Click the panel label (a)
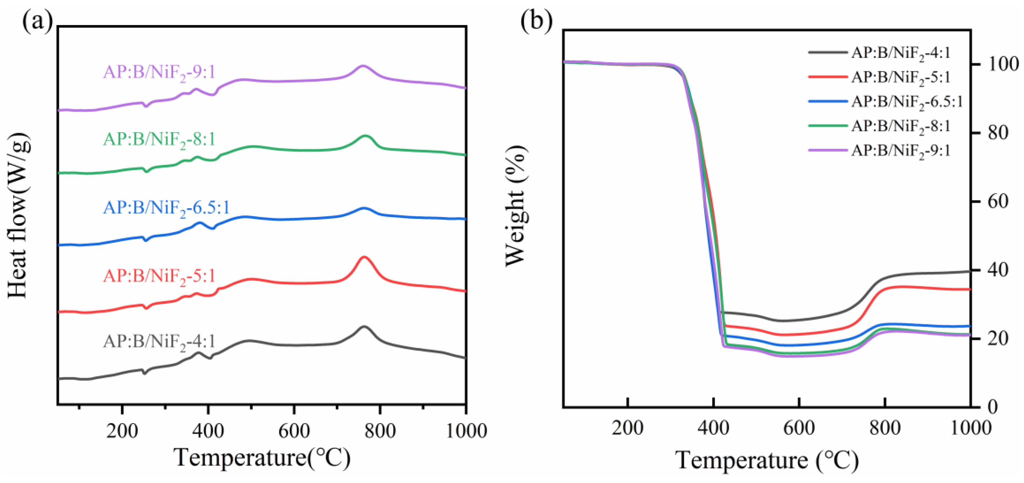(37, 22)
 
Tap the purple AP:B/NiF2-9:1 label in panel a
(159, 73)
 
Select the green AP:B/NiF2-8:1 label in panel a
(159, 140)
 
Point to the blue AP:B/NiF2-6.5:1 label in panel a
(166, 208)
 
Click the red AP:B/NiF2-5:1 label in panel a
(159, 276)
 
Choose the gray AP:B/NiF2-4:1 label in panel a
(159, 342)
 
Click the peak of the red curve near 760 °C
(363, 257)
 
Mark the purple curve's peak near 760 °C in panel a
(362, 66)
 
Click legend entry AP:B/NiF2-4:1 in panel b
(900, 53)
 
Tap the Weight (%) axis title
(516, 206)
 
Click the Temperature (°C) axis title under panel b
(767, 461)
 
